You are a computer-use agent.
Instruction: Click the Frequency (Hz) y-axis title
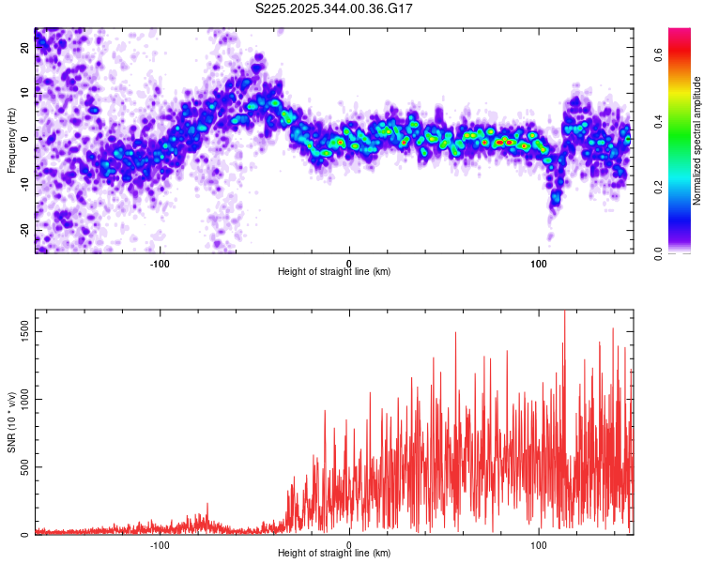point(12,140)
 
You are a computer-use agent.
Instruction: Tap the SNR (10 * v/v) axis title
point(12,421)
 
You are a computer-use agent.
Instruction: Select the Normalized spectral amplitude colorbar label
point(697,140)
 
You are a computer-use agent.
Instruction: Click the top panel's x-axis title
point(334,271)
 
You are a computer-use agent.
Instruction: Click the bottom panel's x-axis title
point(334,553)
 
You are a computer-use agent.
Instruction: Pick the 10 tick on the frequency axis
point(25,93)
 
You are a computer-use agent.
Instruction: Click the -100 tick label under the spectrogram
point(160,262)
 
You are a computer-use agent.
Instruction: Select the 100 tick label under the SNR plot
point(539,543)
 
